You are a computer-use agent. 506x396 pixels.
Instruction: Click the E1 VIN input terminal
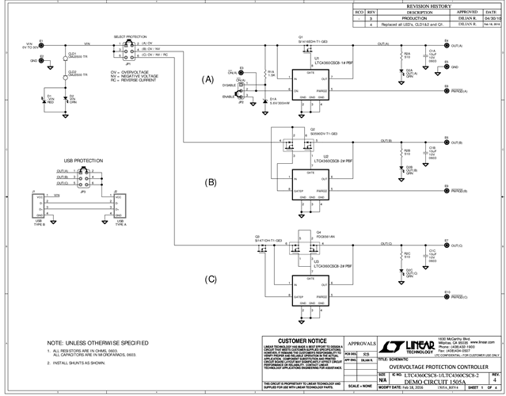coord(41,44)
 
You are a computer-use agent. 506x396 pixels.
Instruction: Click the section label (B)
coord(210,182)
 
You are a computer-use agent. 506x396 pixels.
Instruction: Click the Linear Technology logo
coord(412,347)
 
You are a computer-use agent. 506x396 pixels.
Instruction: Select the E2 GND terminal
coord(41,60)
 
